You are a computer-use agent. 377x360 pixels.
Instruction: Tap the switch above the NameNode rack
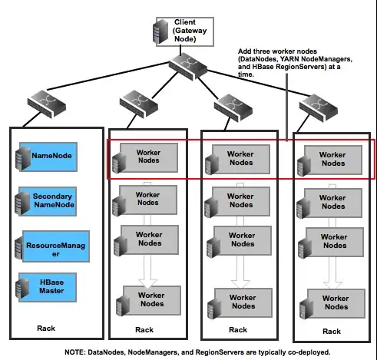click(x=45, y=101)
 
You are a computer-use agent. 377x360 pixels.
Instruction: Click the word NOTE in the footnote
click(x=77, y=351)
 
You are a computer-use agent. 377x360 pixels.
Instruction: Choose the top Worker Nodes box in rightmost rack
click(x=332, y=158)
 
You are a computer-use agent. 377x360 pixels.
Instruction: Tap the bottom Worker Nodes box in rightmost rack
click(x=332, y=298)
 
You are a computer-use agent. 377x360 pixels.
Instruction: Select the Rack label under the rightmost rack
click(x=332, y=331)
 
